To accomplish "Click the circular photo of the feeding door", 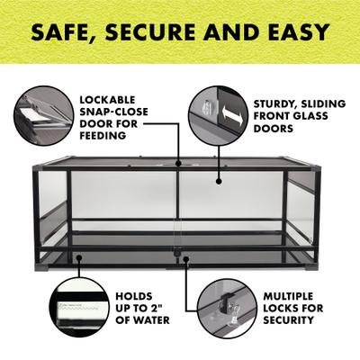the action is pyautogui.click(x=44, y=116).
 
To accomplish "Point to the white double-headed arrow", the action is pyautogui.click(x=231, y=115).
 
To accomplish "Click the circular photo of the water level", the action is pyautogui.click(x=79, y=308).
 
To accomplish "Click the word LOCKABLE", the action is pyautogui.click(x=107, y=100).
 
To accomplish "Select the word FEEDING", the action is pyautogui.click(x=103, y=136).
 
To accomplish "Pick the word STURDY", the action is pyautogui.click(x=274, y=104).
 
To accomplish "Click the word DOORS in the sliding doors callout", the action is pyautogui.click(x=269, y=128).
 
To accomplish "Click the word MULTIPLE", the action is pyautogui.click(x=288, y=296).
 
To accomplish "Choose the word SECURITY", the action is pyautogui.click(x=288, y=320).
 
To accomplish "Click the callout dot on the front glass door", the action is pyautogui.click(x=219, y=181).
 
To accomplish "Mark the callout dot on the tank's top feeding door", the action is pyautogui.click(x=178, y=164).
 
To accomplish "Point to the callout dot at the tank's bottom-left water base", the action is pyautogui.click(x=79, y=257).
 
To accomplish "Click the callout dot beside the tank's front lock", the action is pyautogui.click(x=186, y=257).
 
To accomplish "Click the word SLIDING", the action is pyautogui.click(x=322, y=103).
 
